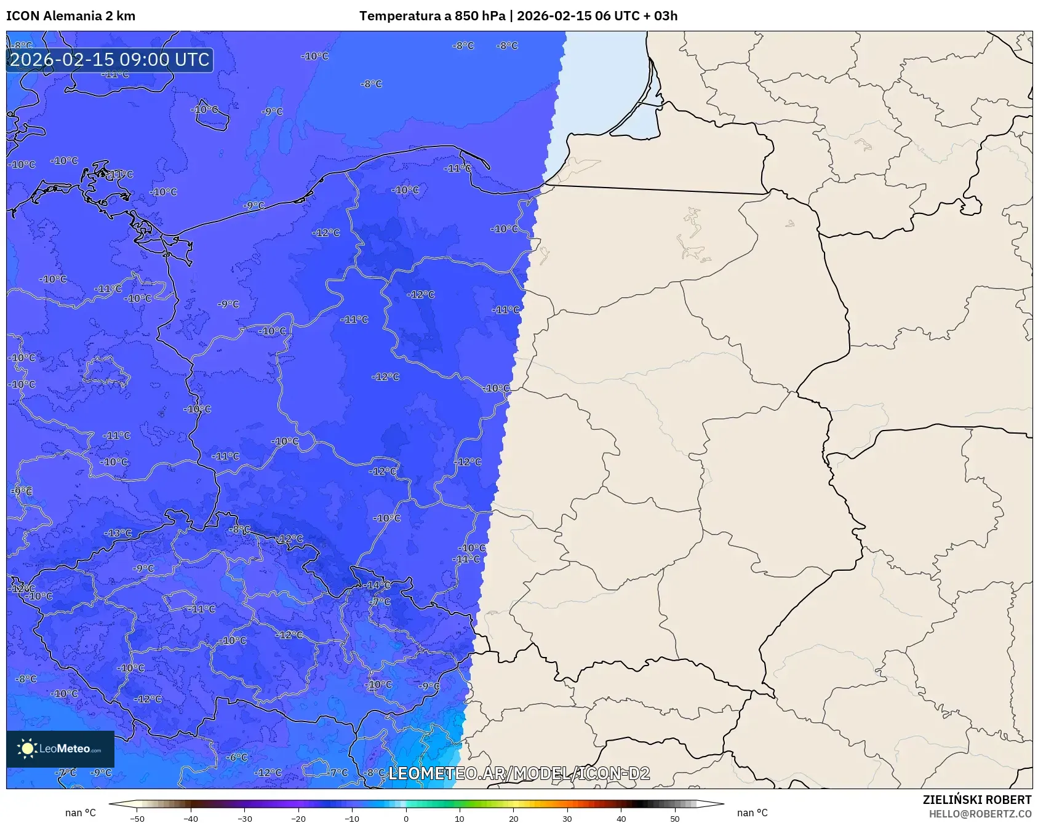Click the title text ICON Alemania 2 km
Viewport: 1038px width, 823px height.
[71, 16]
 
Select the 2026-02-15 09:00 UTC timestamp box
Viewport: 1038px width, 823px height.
[110, 60]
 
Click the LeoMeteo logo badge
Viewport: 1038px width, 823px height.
[60, 749]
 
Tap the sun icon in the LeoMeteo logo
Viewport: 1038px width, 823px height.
[27, 749]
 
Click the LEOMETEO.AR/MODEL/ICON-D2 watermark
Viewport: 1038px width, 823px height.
[519, 773]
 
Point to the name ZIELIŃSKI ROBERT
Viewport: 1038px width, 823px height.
[976, 800]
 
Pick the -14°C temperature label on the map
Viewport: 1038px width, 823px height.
[378, 585]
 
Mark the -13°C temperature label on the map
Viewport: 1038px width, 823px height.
[118, 533]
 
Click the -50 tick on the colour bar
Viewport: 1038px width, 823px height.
[137, 818]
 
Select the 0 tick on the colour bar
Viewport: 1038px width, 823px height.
[406, 818]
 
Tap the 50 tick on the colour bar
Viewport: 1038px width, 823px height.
[675, 818]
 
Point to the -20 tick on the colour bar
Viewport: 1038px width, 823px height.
[298, 818]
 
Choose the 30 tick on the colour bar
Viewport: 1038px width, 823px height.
[567, 818]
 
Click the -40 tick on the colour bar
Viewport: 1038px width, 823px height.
[191, 818]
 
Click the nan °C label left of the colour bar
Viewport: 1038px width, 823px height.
[81, 813]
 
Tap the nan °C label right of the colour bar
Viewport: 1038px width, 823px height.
[752, 813]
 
